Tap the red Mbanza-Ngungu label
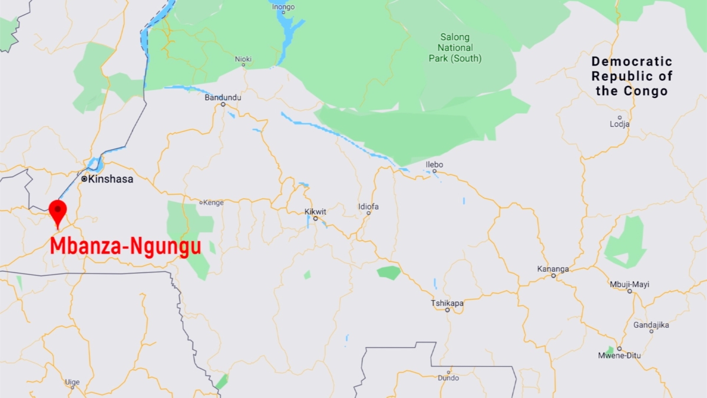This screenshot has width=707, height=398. tap(125, 246)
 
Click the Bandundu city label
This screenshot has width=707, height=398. tap(223, 97)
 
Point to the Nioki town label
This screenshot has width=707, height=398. tap(243, 59)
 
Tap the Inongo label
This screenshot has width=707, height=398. tap(283, 7)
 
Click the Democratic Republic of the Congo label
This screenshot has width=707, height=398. tap(632, 76)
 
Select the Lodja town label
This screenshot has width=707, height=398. tap(619, 124)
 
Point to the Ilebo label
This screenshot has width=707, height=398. tap(434, 165)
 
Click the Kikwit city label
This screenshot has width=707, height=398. tap(315, 212)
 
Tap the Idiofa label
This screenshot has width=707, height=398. tap(368, 206)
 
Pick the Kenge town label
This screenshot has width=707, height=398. tap(213, 202)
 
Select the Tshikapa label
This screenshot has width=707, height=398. tap(447, 303)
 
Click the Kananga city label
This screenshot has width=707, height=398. tap(553, 269)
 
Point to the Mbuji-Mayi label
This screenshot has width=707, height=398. tap(629, 284)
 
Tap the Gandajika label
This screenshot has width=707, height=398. tap(651, 325)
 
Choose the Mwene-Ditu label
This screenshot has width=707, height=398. tap(619, 356)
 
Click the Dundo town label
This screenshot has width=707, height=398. tap(448, 377)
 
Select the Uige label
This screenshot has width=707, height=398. tap(72, 382)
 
